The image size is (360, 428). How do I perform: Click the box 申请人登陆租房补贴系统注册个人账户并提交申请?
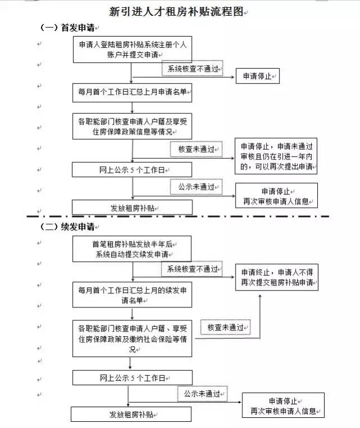coord(132,49)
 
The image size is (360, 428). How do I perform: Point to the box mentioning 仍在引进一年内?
coord(276,155)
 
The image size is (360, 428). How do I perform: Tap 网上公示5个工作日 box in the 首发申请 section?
coord(132,170)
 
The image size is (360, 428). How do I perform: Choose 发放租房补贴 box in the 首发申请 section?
coord(132,207)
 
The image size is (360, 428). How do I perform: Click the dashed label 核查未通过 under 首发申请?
coord(196,149)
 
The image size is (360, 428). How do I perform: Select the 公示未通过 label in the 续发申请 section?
coord(202,392)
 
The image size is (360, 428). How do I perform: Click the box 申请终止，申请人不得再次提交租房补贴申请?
coord(276,276)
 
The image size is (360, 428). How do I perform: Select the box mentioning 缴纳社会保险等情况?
coord(132,337)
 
